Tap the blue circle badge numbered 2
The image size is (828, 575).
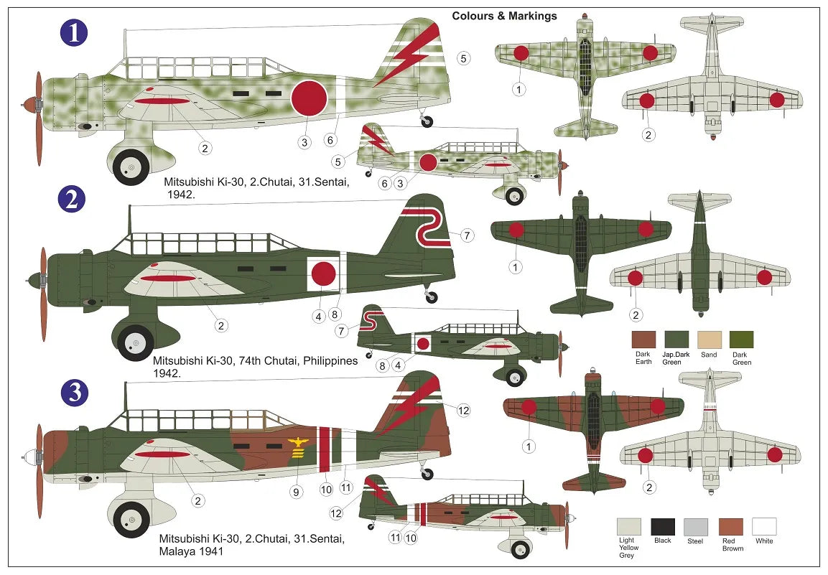tap(72, 200)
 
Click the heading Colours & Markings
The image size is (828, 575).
tap(504, 16)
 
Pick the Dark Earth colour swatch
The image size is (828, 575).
tap(643, 340)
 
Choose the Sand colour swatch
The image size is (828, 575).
tap(708, 340)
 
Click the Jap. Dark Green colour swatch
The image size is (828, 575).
tap(676, 340)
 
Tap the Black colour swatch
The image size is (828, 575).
tap(662, 526)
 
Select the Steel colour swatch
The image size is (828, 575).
tap(696, 526)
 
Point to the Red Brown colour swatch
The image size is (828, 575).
tap(730, 526)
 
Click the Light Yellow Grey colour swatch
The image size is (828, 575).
tap(629, 526)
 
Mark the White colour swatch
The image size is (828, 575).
tap(764, 526)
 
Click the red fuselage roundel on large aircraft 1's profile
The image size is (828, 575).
tap(310, 98)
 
